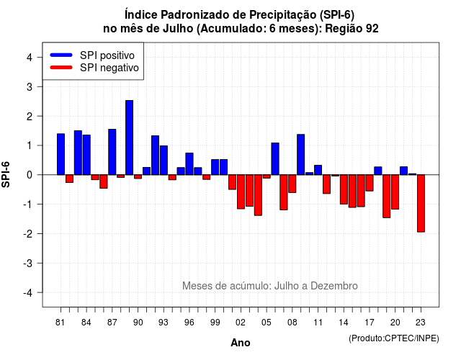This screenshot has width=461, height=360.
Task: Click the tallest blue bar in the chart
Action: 129,138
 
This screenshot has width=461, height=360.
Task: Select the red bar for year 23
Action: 421,203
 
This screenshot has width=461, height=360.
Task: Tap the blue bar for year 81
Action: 61,154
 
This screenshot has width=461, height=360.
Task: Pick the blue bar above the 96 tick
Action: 189,164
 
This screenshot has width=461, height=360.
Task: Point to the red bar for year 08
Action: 292,184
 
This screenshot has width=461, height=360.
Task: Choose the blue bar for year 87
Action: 112,152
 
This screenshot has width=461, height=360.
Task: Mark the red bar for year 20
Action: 395,192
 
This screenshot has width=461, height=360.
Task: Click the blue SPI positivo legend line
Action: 61,55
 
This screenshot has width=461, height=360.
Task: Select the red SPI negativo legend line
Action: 61,68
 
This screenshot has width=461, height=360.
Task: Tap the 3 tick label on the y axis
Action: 30,87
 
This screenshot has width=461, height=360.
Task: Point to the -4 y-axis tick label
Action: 28,293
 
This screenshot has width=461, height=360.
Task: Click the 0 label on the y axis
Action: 30,175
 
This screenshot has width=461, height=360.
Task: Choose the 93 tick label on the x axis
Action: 164,323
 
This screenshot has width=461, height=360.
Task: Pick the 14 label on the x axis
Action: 344,323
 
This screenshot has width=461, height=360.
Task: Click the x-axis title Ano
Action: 241,343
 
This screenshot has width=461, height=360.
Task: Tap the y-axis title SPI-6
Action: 6,174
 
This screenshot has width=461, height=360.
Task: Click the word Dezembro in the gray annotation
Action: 334,286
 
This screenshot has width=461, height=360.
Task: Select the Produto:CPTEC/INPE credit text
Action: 394,338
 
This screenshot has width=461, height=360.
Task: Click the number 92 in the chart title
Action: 372,29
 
